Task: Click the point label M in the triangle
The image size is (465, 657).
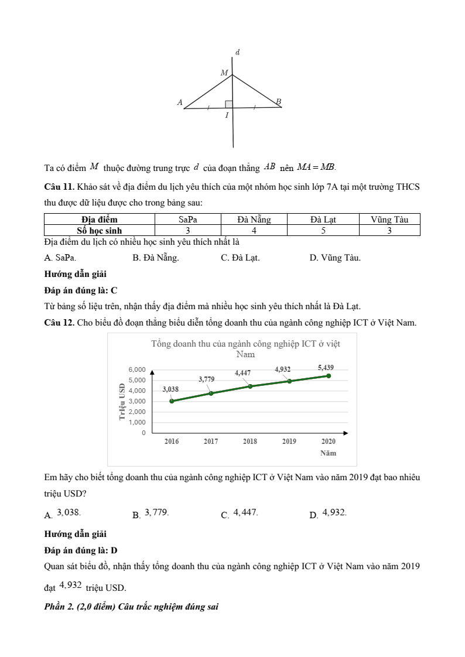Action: pos(224,73)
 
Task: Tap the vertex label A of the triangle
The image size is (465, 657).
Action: pos(180,102)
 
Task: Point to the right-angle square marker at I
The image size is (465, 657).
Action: pos(229,104)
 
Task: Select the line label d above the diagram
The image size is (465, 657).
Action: pos(237,53)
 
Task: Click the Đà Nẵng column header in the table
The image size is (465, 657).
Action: pos(254,220)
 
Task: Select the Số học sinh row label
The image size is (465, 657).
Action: pos(100,230)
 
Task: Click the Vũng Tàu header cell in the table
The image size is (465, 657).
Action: pos(389,220)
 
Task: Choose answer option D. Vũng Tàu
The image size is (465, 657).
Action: pos(335,257)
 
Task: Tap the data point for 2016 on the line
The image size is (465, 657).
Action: pos(172,401)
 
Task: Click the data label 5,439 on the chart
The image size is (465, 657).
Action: pos(326,367)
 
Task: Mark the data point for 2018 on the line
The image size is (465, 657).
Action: pos(250,386)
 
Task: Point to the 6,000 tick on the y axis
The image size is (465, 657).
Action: pos(136,369)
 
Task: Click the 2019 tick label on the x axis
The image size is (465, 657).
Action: pos(289,442)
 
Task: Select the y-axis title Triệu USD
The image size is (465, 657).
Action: pos(122,401)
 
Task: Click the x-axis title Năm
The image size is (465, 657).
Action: pos(328,453)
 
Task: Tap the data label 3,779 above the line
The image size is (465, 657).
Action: pos(206,379)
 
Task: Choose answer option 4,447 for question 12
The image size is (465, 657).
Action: pos(240,513)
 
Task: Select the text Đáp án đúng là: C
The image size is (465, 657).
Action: pos(81,290)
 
